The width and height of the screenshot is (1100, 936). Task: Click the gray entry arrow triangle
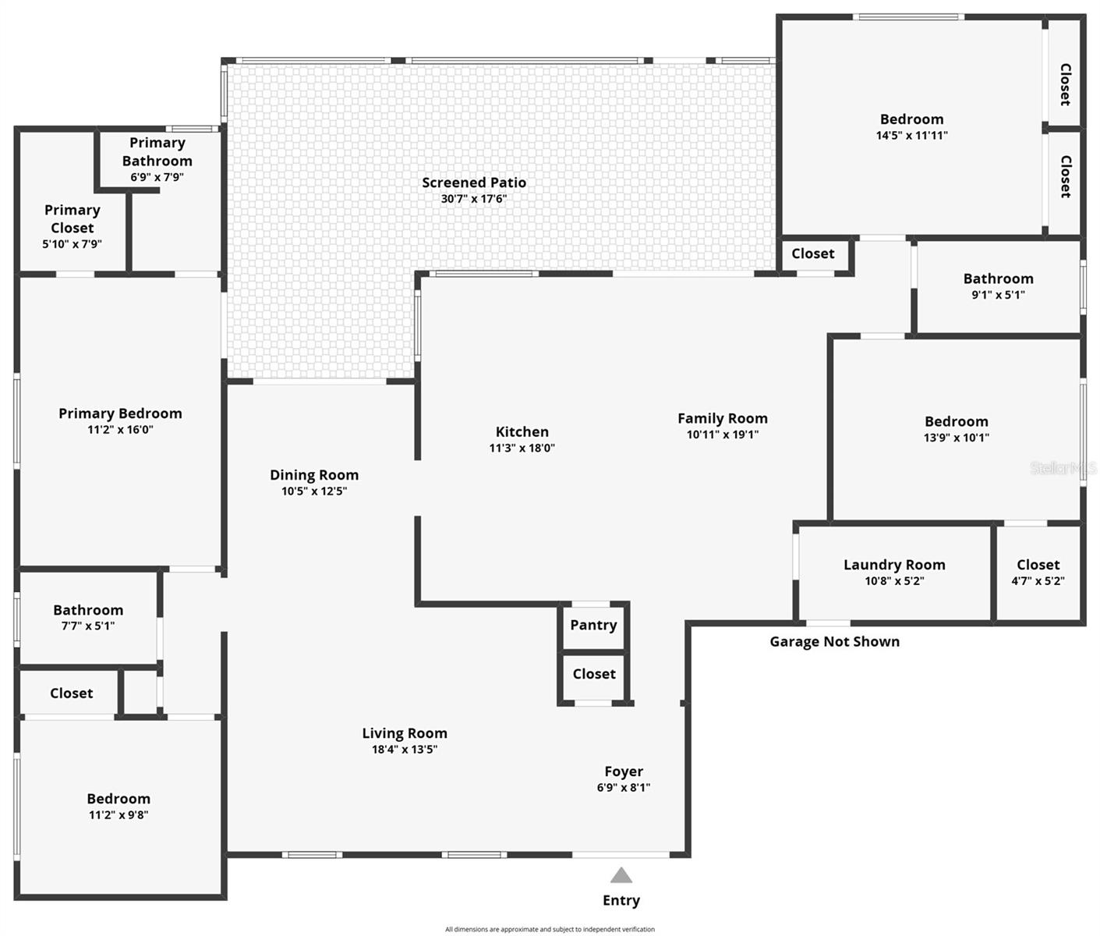pyautogui.click(x=621, y=875)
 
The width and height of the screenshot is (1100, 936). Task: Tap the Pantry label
pyautogui.click(x=593, y=625)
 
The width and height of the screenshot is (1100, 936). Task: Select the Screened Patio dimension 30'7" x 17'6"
pyautogui.click(x=474, y=199)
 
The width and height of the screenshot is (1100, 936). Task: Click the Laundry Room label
pyautogui.click(x=894, y=565)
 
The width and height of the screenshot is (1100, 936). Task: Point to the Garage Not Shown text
pyautogui.click(x=834, y=642)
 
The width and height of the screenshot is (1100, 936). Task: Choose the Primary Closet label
pyautogui.click(x=72, y=219)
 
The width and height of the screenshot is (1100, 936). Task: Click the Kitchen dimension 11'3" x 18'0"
pyautogui.click(x=522, y=448)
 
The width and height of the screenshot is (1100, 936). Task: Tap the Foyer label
pyautogui.click(x=624, y=771)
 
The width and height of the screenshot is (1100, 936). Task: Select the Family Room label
pyautogui.click(x=722, y=419)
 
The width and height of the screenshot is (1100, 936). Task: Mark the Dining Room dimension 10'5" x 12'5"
pyautogui.click(x=314, y=491)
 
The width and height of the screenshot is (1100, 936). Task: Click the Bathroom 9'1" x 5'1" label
pyautogui.click(x=998, y=279)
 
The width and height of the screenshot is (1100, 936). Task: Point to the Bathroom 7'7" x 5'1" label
pyautogui.click(x=88, y=610)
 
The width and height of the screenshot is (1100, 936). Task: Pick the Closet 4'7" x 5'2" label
pyautogui.click(x=1038, y=565)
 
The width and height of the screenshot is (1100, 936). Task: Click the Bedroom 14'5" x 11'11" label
pyautogui.click(x=911, y=119)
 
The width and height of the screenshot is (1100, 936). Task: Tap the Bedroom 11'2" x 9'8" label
pyautogui.click(x=118, y=799)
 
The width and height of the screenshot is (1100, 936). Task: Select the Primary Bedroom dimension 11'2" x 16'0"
pyautogui.click(x=120, y=430)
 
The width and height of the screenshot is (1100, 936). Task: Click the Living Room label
pyautogui.click(x=405, y=733)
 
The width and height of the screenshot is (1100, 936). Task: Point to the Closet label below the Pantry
pyautogui.click(x=594, y=674)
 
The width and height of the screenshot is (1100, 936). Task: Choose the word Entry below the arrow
pyautogui.click(x=621, y=900)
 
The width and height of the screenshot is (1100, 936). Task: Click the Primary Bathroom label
pyautogui.click(x=157, y=152)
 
